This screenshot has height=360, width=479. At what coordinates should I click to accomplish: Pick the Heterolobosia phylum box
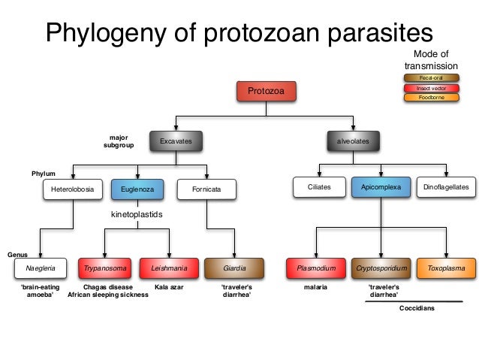tap(72, 189)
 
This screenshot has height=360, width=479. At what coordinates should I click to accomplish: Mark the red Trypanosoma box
tap(104, 268)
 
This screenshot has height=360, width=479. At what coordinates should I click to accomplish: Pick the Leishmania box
tap(169, 268)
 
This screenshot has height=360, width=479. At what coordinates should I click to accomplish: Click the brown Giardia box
tap(235, 268)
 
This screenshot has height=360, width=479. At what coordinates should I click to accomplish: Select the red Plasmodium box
tap(315, 268)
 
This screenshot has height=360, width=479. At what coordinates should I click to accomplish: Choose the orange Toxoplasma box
tap(446, 268)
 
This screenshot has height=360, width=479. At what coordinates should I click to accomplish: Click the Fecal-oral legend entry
tap(431, 77)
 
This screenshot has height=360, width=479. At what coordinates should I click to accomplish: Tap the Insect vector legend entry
tap(431, 87)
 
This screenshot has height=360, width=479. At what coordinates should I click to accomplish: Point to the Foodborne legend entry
tap(431, 97)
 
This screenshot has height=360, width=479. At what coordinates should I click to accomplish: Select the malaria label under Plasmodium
tap(315, 287)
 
